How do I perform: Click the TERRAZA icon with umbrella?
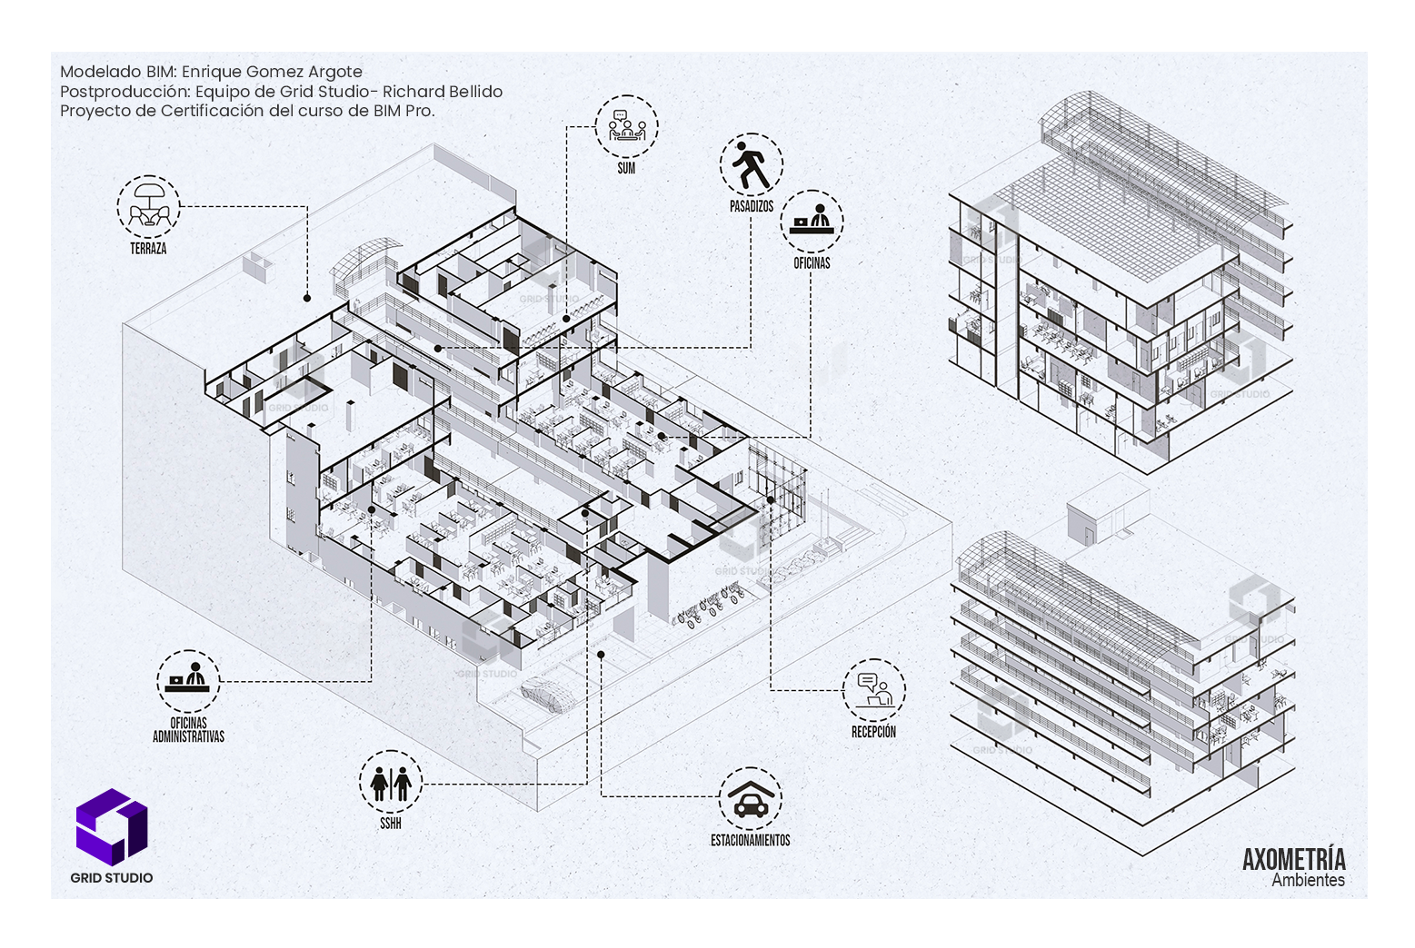pyautogui.click(x=149, y=207)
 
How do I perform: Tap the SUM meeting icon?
pyautogui.click(x=626, y=126)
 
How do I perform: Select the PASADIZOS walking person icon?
pyautogui.click(x=752, y=165)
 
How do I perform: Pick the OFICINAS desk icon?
pyautogui.click(x=812, y=221)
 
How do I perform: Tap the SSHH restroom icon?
pyautogui.click(x=391, y=782)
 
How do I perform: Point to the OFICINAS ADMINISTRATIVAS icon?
pyautogui.click(x=188, y=681)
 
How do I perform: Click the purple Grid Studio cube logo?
pyautogui.click(x=111, y=825)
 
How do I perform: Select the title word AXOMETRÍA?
pyautogui.click(x=1293, y=859)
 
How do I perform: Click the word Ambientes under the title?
pyautogui.click(x=1308, y=880)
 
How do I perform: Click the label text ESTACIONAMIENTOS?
pyautogui.click(x=750, y=841)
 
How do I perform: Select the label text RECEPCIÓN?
pyautogui.click(x=873, y=732)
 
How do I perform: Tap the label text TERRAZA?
pyautogui.click(x=148, y=248)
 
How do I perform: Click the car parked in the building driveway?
pyautogui.click(x=547, y=693)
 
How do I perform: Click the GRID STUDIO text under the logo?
pyautogui.click(x=112, y=878)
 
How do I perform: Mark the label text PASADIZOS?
pyautogui.click(x=752, y=207)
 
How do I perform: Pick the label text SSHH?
pyautogui.click(x=391, y=824)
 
